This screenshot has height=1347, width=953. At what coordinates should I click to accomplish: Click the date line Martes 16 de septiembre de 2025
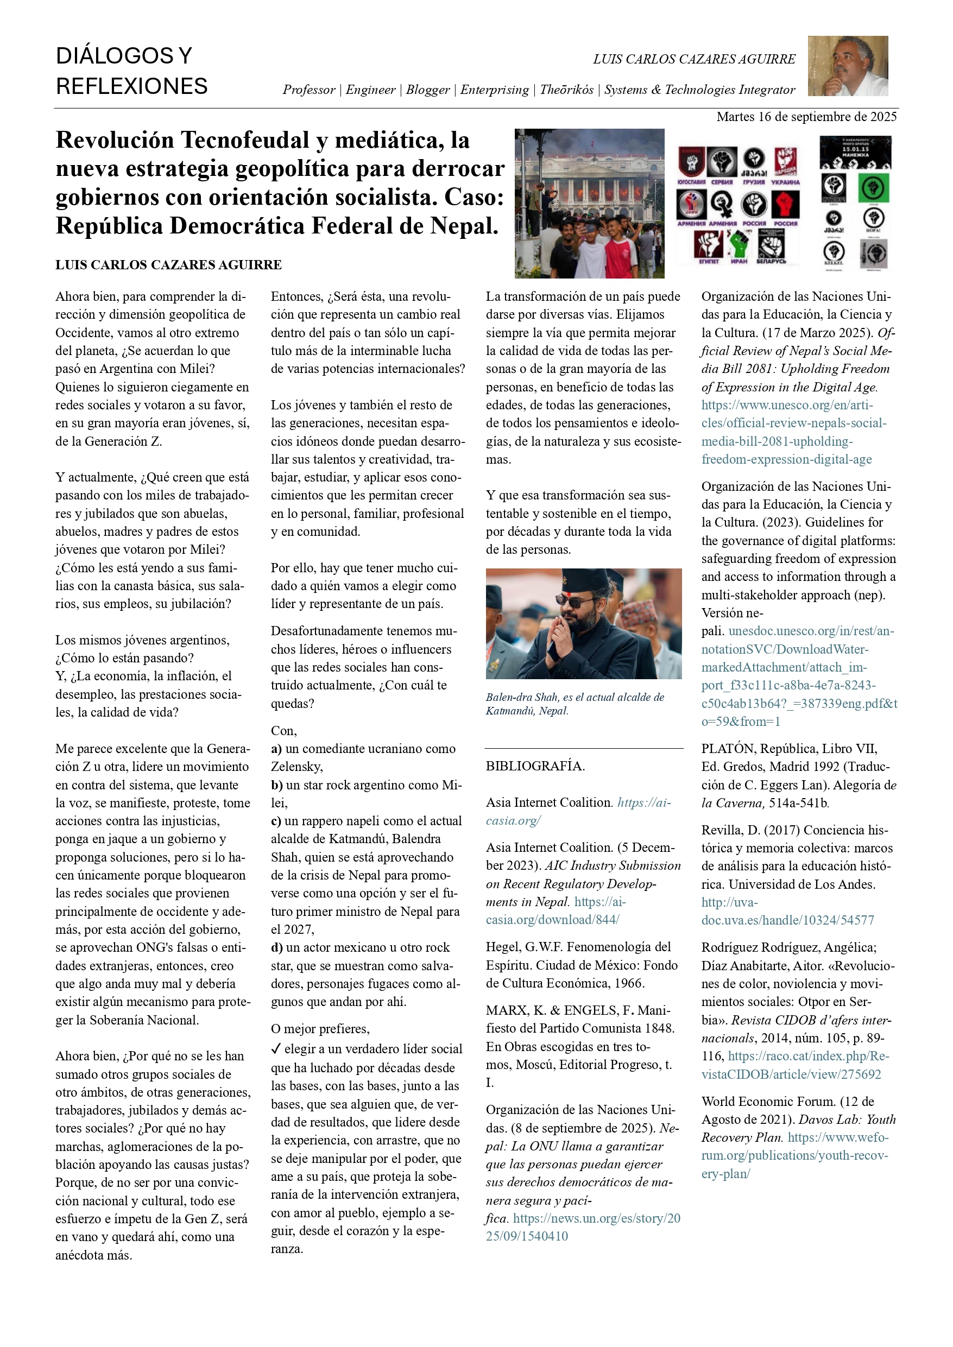coord(806,117)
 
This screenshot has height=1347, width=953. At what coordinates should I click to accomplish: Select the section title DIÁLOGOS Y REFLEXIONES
coord(131,71)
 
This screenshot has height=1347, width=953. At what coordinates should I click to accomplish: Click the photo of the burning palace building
coord(589,203)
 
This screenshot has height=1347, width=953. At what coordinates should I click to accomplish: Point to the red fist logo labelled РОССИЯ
coord(785,206)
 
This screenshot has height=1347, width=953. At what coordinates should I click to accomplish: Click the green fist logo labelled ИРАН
coord(739,246)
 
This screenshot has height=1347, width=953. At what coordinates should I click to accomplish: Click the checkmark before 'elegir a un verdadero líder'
coord(276,1048)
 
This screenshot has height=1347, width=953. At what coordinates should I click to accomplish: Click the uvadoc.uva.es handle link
coord(787,911)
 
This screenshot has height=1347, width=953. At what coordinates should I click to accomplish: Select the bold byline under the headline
coord(168,264)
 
